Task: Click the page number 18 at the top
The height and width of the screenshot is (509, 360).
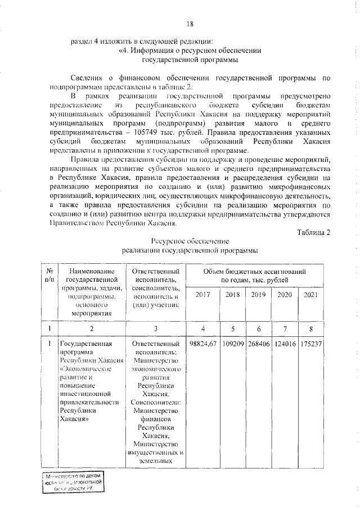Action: pyautogui.click(x=190, y=23)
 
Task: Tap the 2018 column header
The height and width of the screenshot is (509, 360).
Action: pyautogui.click(x=232, y=295)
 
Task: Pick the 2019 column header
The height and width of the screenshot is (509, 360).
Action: pyautogui.click(x=258, y=295)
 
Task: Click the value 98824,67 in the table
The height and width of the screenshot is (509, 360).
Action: pyautogui.click(x=204, y=343)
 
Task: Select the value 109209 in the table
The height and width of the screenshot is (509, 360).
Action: pyautogui.click(x=232, y=343)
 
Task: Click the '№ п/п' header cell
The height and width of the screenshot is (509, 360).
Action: pyautogui.click(x=49, y=275)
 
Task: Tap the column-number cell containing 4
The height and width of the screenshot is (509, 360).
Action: pyautogui.click(x=204, y=328)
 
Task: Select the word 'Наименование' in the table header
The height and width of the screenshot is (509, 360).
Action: pyautogui.click(x=91, y=271)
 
